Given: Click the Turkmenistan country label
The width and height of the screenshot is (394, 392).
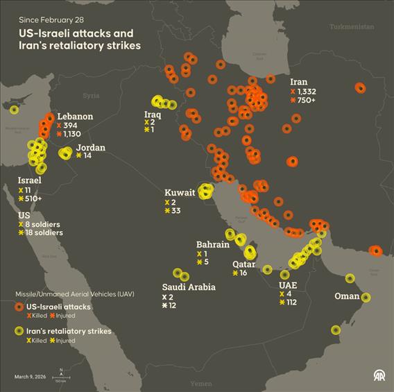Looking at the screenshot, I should pyautogui.click(x=351, y=26).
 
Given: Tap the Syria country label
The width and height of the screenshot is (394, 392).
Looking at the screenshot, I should pyautogui.click(x=91, y=96).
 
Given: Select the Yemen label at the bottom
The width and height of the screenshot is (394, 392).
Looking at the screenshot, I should pyautogui.click(x=201, y=383).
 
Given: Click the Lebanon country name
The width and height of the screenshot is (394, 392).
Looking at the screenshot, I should pyautogui.click(x=75, y=116).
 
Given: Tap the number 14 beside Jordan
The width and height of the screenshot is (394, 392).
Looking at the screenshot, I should pyautogui.click(x=87, y=155).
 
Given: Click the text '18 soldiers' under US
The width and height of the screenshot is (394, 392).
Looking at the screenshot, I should pyautogui.click(x=43, y=233).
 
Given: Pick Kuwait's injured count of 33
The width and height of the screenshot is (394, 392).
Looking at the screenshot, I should pyautogui.click(x=176, y=211).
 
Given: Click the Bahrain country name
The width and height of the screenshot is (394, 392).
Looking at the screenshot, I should pyautogui.click(x=212, y=244).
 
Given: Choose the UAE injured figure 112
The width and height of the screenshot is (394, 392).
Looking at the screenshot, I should pyautogui.click(x=291, y=302).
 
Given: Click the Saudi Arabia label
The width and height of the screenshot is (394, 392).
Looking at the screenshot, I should pyautogui.click(x=189, y=287).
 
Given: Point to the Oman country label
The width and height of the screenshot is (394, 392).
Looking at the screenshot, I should pyautogui.click(x=347, y=296).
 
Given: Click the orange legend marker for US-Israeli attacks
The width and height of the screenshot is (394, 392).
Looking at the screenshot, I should pyautogui.click(x=19, y=307).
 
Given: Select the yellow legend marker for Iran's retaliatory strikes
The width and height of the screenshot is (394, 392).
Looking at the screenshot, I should pyautogui.click(x=19, y=332).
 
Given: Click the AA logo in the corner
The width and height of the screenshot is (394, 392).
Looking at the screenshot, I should pyautogui.click(x=379, y=376).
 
